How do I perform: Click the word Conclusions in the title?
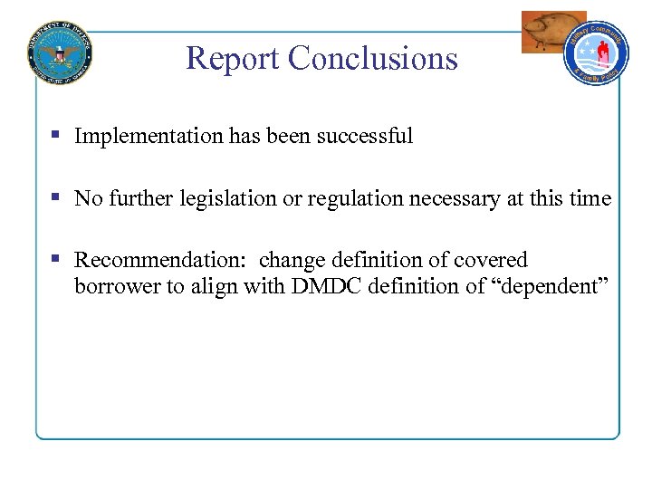[373, 58]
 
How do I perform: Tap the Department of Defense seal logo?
[61, 52]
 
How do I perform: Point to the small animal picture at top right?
[551, 31]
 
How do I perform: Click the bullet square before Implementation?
[55, 135]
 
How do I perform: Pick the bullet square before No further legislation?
[55, 197]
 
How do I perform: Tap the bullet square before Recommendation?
[55, 259]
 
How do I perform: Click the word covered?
[490, 261]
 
